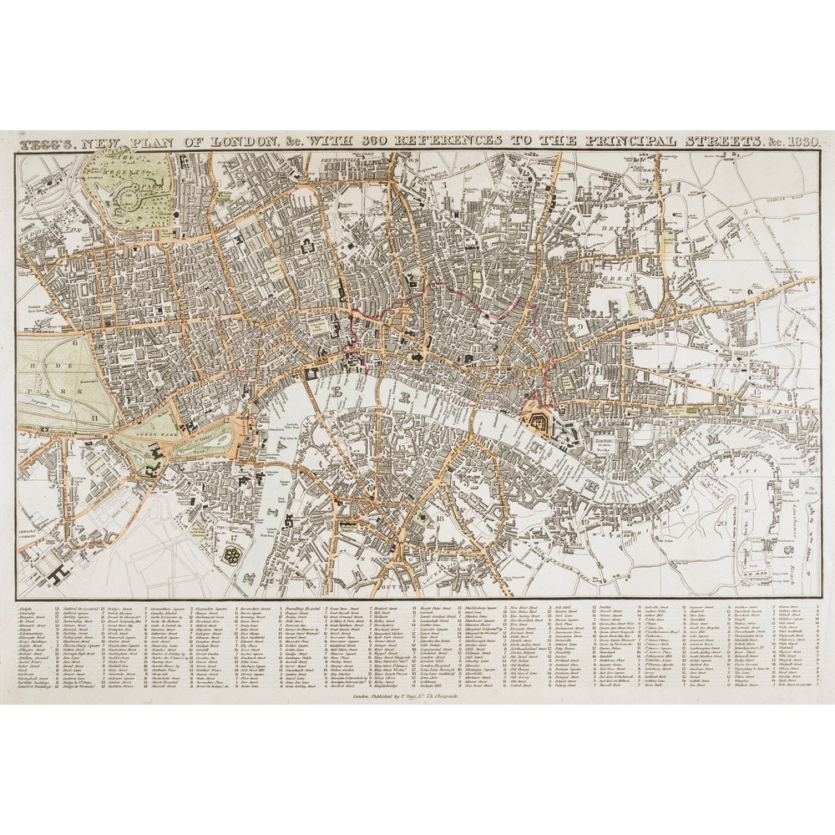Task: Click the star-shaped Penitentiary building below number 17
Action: [x=231, y=554]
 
